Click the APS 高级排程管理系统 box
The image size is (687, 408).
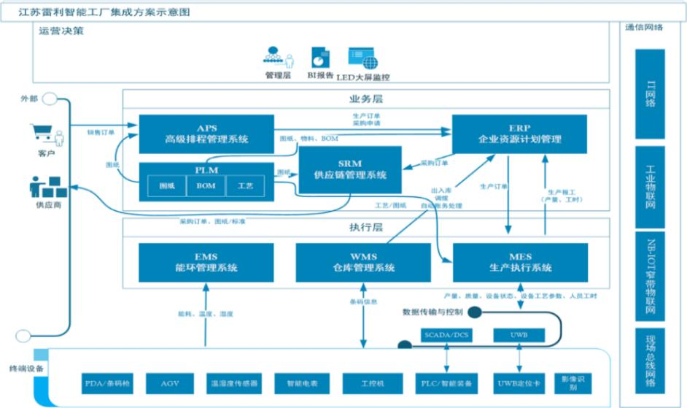click(206, 134)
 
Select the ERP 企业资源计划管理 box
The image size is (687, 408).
click(520, 134)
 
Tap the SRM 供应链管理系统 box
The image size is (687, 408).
click(350, 169)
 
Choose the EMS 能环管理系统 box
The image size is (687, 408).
click(206, 263)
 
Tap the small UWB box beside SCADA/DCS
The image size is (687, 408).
click(519, 335)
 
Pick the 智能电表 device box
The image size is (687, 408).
click(294, 382)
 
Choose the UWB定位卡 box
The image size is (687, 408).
click(519, 382)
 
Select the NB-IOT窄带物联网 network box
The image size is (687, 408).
click(650, 277)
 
